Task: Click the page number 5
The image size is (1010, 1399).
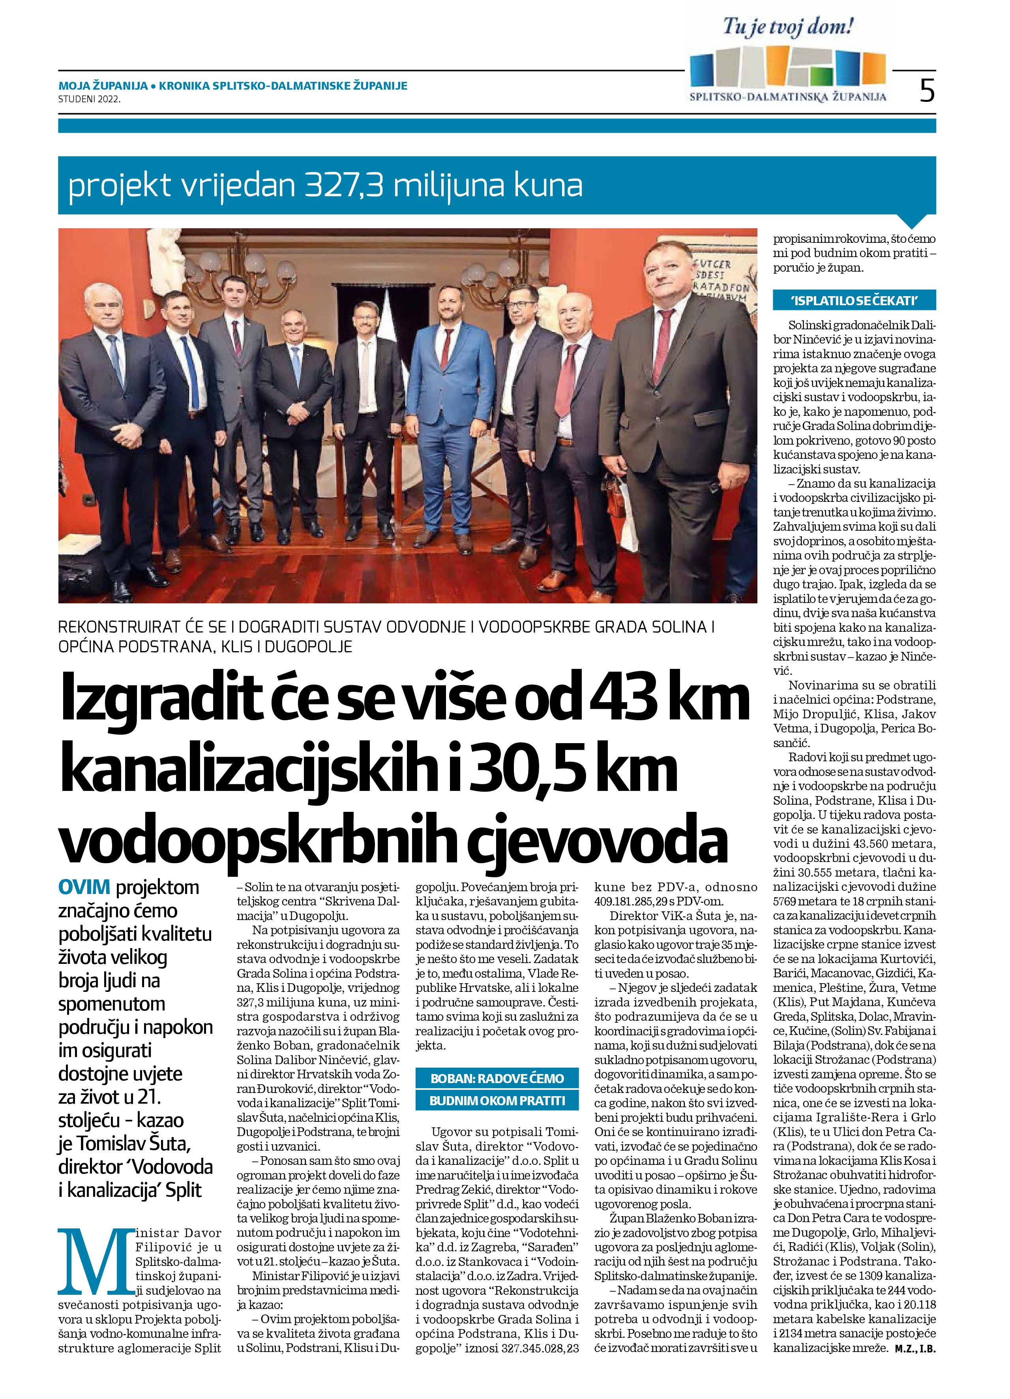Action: pyautogui.click(x=926, y=91)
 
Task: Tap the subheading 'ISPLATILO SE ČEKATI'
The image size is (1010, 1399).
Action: pyautogui.click(x=854, y=300)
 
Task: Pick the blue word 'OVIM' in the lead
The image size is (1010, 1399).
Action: pyautogui.click(x=84, y=887)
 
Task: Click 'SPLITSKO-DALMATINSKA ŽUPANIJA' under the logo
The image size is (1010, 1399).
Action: pyautogui.click(x=788, y=96)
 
